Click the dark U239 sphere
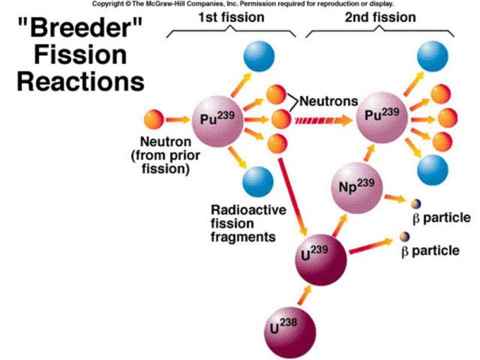click(317, 255)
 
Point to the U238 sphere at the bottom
click(287, 326)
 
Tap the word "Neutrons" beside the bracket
click(328, 101)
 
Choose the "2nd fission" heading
click(381, 16)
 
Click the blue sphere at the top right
click(434, 54)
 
